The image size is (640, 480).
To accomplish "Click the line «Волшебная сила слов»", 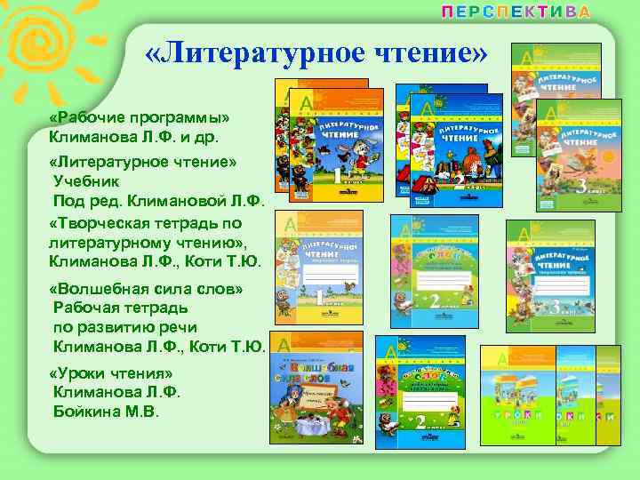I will click(148, 289).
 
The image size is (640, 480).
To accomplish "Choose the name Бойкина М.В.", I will click(105, 412).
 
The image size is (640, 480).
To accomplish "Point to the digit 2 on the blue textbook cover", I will click(459, 182).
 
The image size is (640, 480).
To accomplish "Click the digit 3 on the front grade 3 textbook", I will click(581, 187).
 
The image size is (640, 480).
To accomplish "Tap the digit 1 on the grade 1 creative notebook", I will click(324, 299).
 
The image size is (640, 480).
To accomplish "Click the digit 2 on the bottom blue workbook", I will click(418, 425).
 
